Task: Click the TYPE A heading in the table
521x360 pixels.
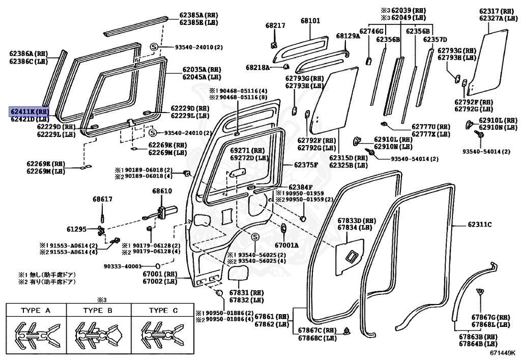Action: pos(36,310)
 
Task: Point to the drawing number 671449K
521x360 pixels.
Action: pos(503,351)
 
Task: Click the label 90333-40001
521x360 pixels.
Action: pos(123,266)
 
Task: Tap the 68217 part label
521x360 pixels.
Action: pos(275,24)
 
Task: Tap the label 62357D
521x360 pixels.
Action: pos(435,39)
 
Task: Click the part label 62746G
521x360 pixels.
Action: pos(371,31)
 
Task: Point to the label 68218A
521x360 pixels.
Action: pos(258,67)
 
